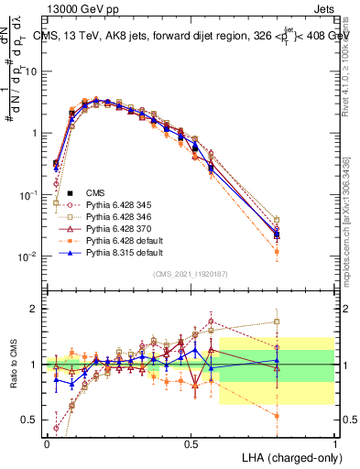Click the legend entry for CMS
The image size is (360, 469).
point(96,192)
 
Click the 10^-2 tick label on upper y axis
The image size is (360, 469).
point(27,256)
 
